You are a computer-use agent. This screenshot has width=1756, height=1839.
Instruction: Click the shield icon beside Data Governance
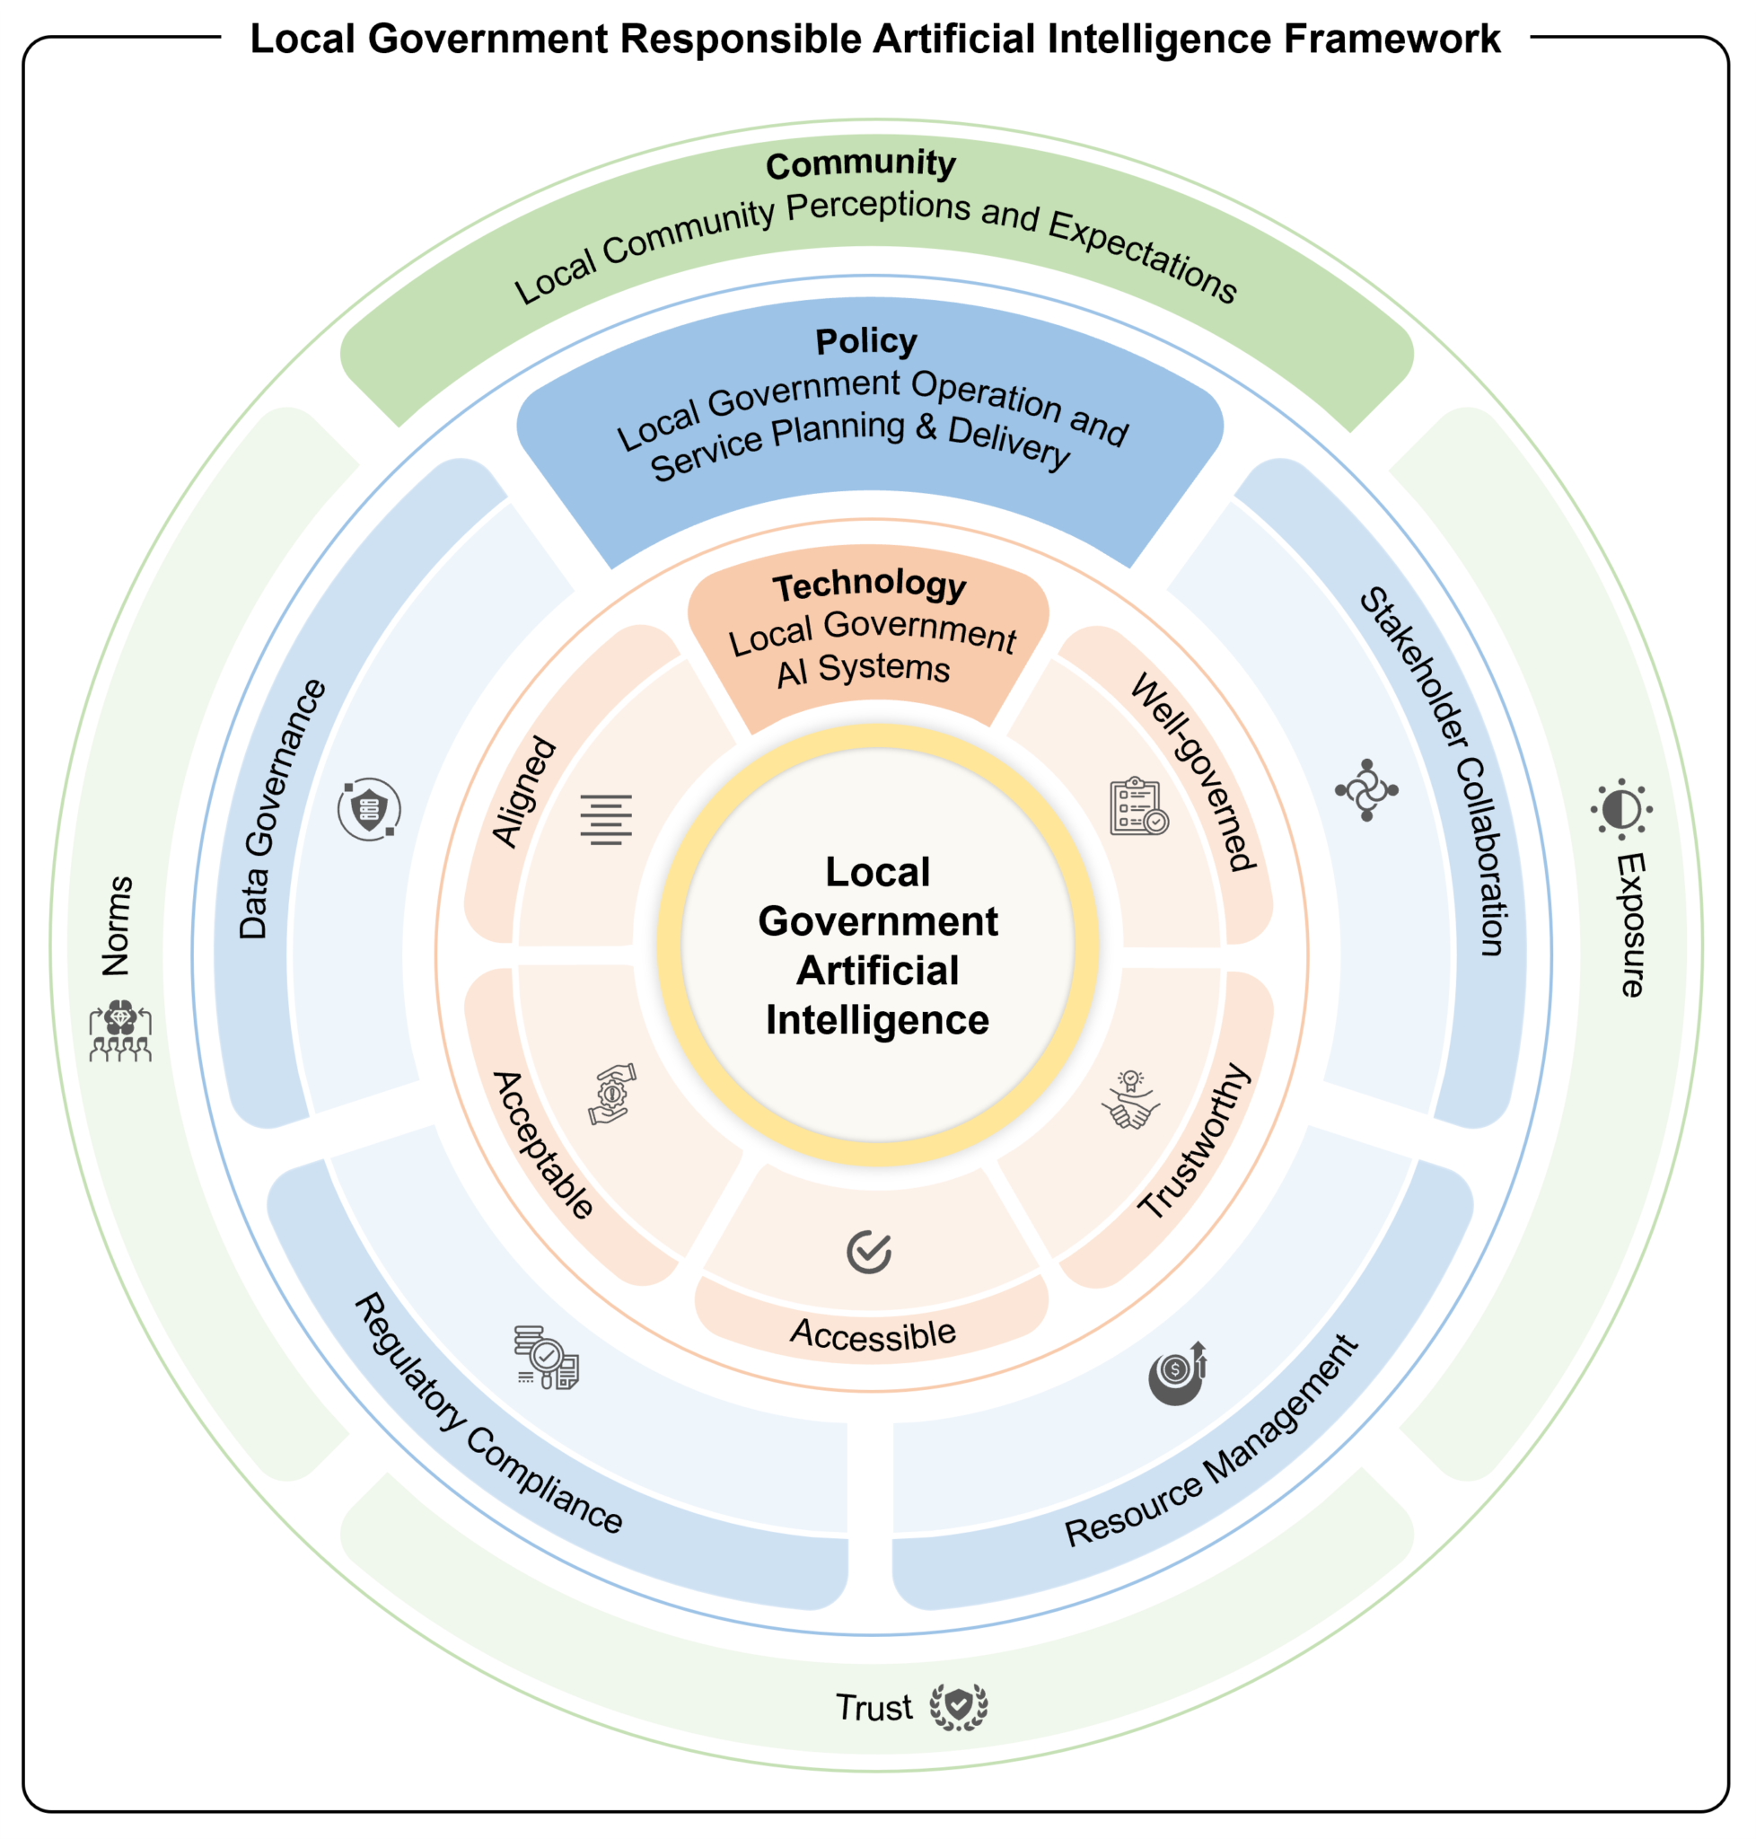(x=369, y=809)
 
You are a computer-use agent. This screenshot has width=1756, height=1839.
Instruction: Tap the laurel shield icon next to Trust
(x=959, y=1706)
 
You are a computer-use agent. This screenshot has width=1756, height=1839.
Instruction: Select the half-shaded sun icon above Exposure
(x=1620, y=808)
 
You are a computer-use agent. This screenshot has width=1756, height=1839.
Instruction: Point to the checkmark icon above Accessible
(x=869, y=1252)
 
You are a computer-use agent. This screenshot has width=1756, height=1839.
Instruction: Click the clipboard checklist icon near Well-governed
(x=1138, y=806)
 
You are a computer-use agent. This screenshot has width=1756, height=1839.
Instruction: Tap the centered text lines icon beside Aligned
(x=606, y=819)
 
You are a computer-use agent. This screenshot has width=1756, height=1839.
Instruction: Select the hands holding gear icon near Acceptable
(x=612, y=1094)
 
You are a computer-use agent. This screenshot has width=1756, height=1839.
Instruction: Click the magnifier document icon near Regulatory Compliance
(x=547, y=1358)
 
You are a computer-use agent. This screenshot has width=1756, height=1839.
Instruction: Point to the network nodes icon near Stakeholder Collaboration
(x=1366, y=790)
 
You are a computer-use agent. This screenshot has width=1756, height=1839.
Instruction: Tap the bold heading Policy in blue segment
(x=865, y=341)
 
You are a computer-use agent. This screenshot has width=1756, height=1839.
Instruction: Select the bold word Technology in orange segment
(x=869, y=585)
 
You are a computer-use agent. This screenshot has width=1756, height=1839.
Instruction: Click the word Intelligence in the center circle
(x=877, y=1020)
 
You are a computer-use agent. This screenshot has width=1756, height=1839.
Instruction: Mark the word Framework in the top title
(x=1392, y=40)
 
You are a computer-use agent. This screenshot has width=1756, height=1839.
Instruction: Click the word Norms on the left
(x=117, y=926)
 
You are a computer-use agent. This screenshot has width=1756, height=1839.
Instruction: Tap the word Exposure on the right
(x=1631, y=925)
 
